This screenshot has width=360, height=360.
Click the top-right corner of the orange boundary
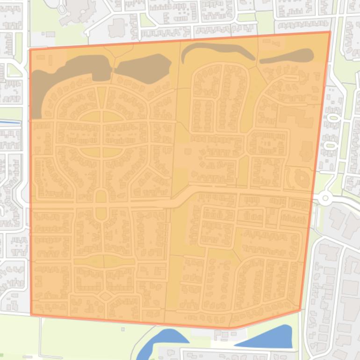tap(330, 32)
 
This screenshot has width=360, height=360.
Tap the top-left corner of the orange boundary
tap(29, 49)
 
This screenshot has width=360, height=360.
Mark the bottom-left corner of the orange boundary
tap(31, 315)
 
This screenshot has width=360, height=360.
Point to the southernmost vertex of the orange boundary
tap(234, 328)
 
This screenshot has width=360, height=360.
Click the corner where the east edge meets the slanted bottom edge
tap(300, 310)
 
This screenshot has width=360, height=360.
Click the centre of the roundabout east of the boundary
tap(325, 199)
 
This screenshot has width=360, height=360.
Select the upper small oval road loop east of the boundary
tap(332, 118)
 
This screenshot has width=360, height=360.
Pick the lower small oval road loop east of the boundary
tap(331, 145)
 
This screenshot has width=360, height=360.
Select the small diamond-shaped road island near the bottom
tap(105, 296)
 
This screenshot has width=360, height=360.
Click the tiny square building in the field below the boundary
tap(122, 329)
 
